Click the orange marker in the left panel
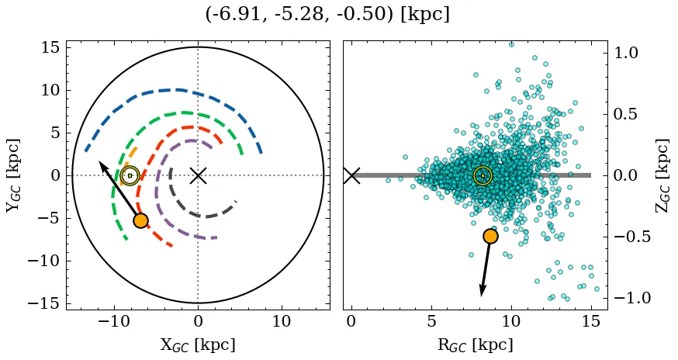coord(140,220)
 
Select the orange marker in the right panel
coord(490,236)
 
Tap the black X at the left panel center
coord(198,175)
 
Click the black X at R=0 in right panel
coord(351,175)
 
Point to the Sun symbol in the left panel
coord(130,175)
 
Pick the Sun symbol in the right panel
coord(483,175)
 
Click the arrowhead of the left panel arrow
coord(101,163)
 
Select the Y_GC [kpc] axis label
coord(13,175)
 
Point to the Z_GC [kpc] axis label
coord(662,175)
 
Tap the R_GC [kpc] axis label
coord(475,344)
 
